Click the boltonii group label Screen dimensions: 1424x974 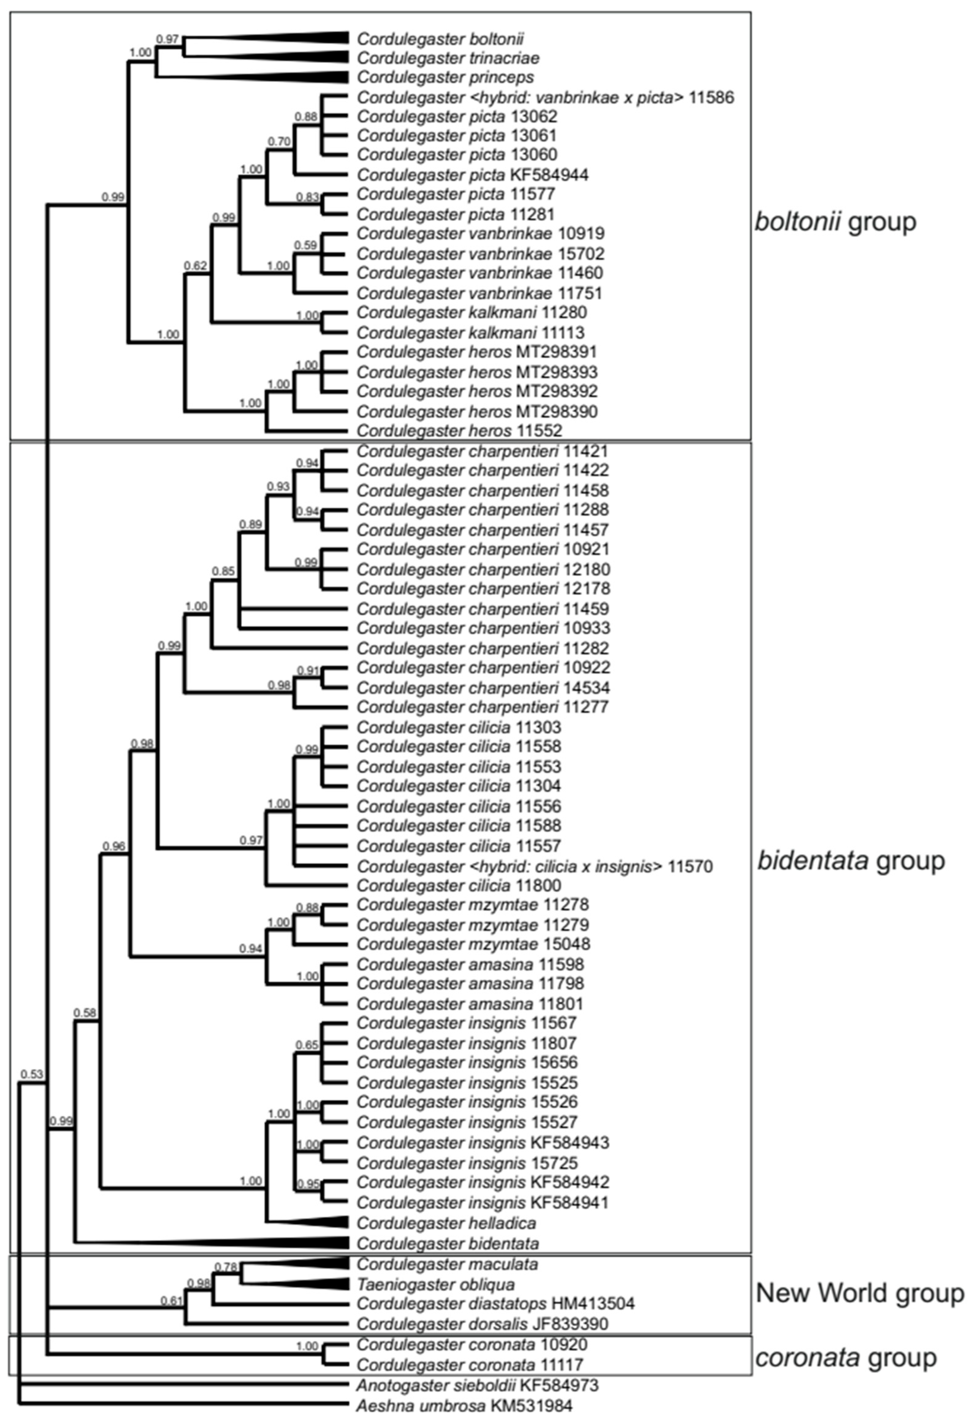coord(836,222)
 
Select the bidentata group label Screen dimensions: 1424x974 coord(851,861)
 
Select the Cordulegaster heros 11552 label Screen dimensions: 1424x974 coord(460,430)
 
